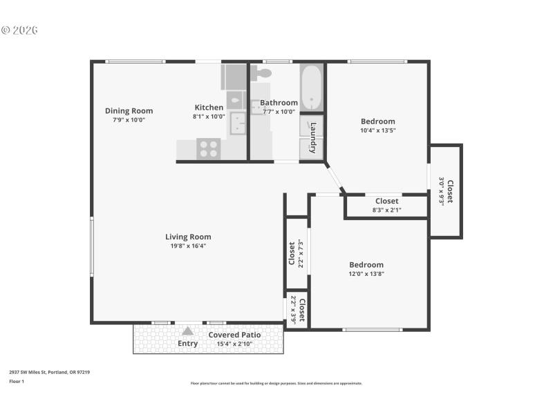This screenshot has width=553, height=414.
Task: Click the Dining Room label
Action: [x=129, y=110]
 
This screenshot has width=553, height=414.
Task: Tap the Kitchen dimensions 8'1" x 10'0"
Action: [x=209, y=117]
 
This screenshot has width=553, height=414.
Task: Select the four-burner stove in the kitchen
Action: [x=209, y=148]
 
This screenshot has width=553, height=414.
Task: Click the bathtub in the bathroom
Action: [x=312, y=87]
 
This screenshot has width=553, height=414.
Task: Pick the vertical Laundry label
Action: [x=313, y=135]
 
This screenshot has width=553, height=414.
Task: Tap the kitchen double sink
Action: [x=238, y=123]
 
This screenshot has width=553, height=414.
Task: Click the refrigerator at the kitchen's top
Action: [x=234, y=77]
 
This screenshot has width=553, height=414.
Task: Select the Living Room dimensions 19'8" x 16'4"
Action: [x=188, y=246]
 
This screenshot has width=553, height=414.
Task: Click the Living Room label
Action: [x=188, y=237]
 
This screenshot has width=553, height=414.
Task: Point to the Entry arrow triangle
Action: [x=187, y=331]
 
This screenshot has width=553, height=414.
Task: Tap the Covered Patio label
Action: [x=235, y=335]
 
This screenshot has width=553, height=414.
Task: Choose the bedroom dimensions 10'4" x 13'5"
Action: [x=377, y=130]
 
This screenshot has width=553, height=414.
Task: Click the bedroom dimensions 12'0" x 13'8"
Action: [x=366, y=274]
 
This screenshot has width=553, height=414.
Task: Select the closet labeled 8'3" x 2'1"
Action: [x=386, y=206]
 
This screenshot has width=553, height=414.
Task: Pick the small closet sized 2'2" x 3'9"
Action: [x=297, y=310]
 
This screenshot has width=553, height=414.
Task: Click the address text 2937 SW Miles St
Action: [x=49, y=372]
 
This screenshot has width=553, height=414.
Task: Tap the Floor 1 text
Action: [x=17, y=381]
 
